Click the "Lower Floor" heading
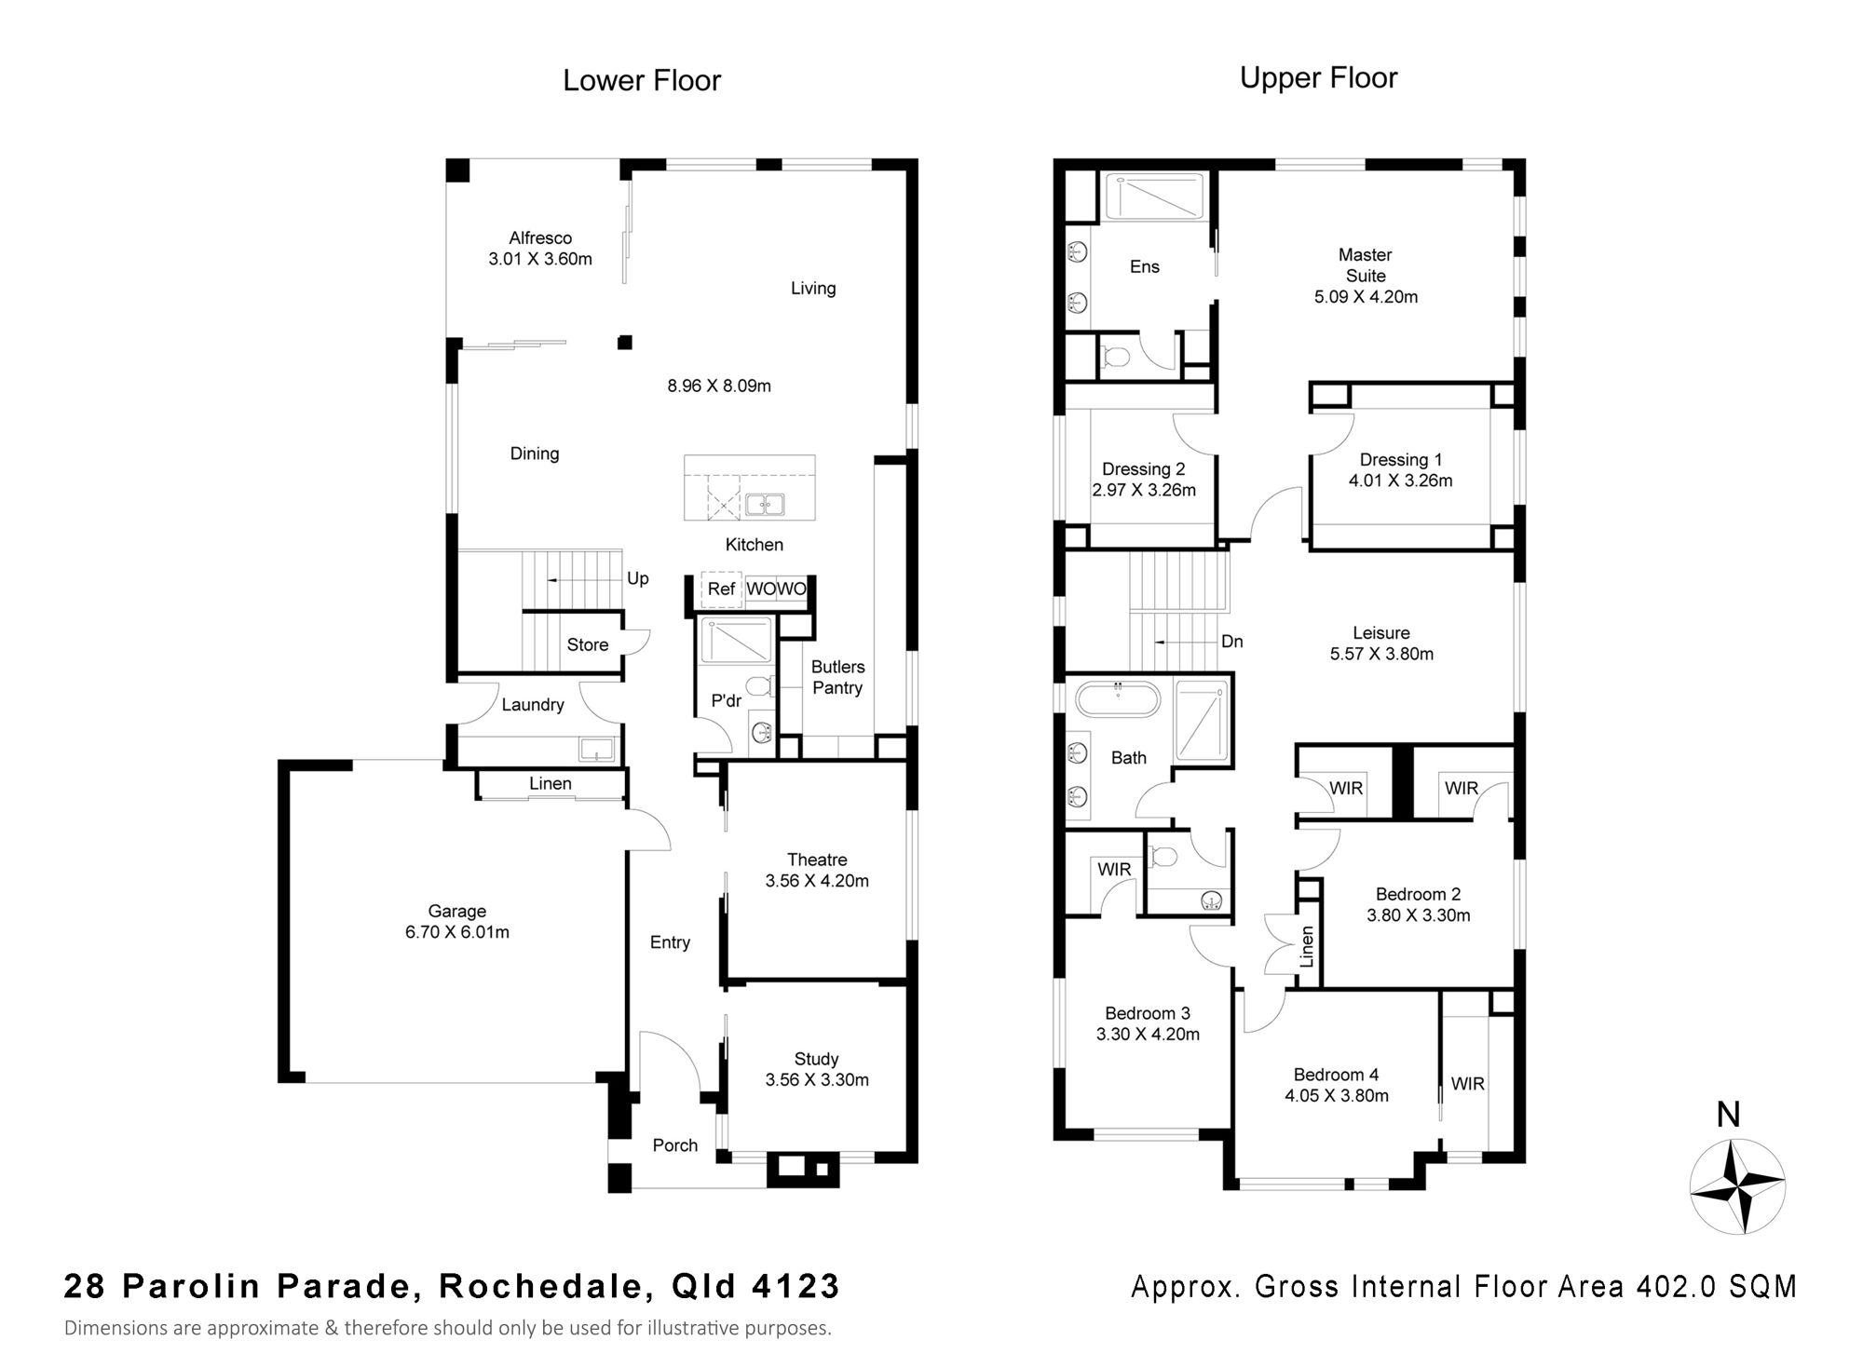coord(642,80)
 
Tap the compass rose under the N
coord(1737,1186)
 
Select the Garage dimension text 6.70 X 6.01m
coord(457,932)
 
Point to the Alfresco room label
coord(540,238)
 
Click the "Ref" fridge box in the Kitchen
coord(721,589)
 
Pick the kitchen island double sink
coord(764,505)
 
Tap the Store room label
coord(588,644)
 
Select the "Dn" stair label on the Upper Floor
coord(1232,642)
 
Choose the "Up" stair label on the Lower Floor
coord(638,578)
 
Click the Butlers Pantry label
coord(837,677)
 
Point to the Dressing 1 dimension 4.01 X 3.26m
coord(1401,481)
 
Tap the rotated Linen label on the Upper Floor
coord(1307,946)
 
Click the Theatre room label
coord(817,860)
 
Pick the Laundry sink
coord(596,748)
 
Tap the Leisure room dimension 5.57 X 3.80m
coord(1381,654)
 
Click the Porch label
coord(675,1145)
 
